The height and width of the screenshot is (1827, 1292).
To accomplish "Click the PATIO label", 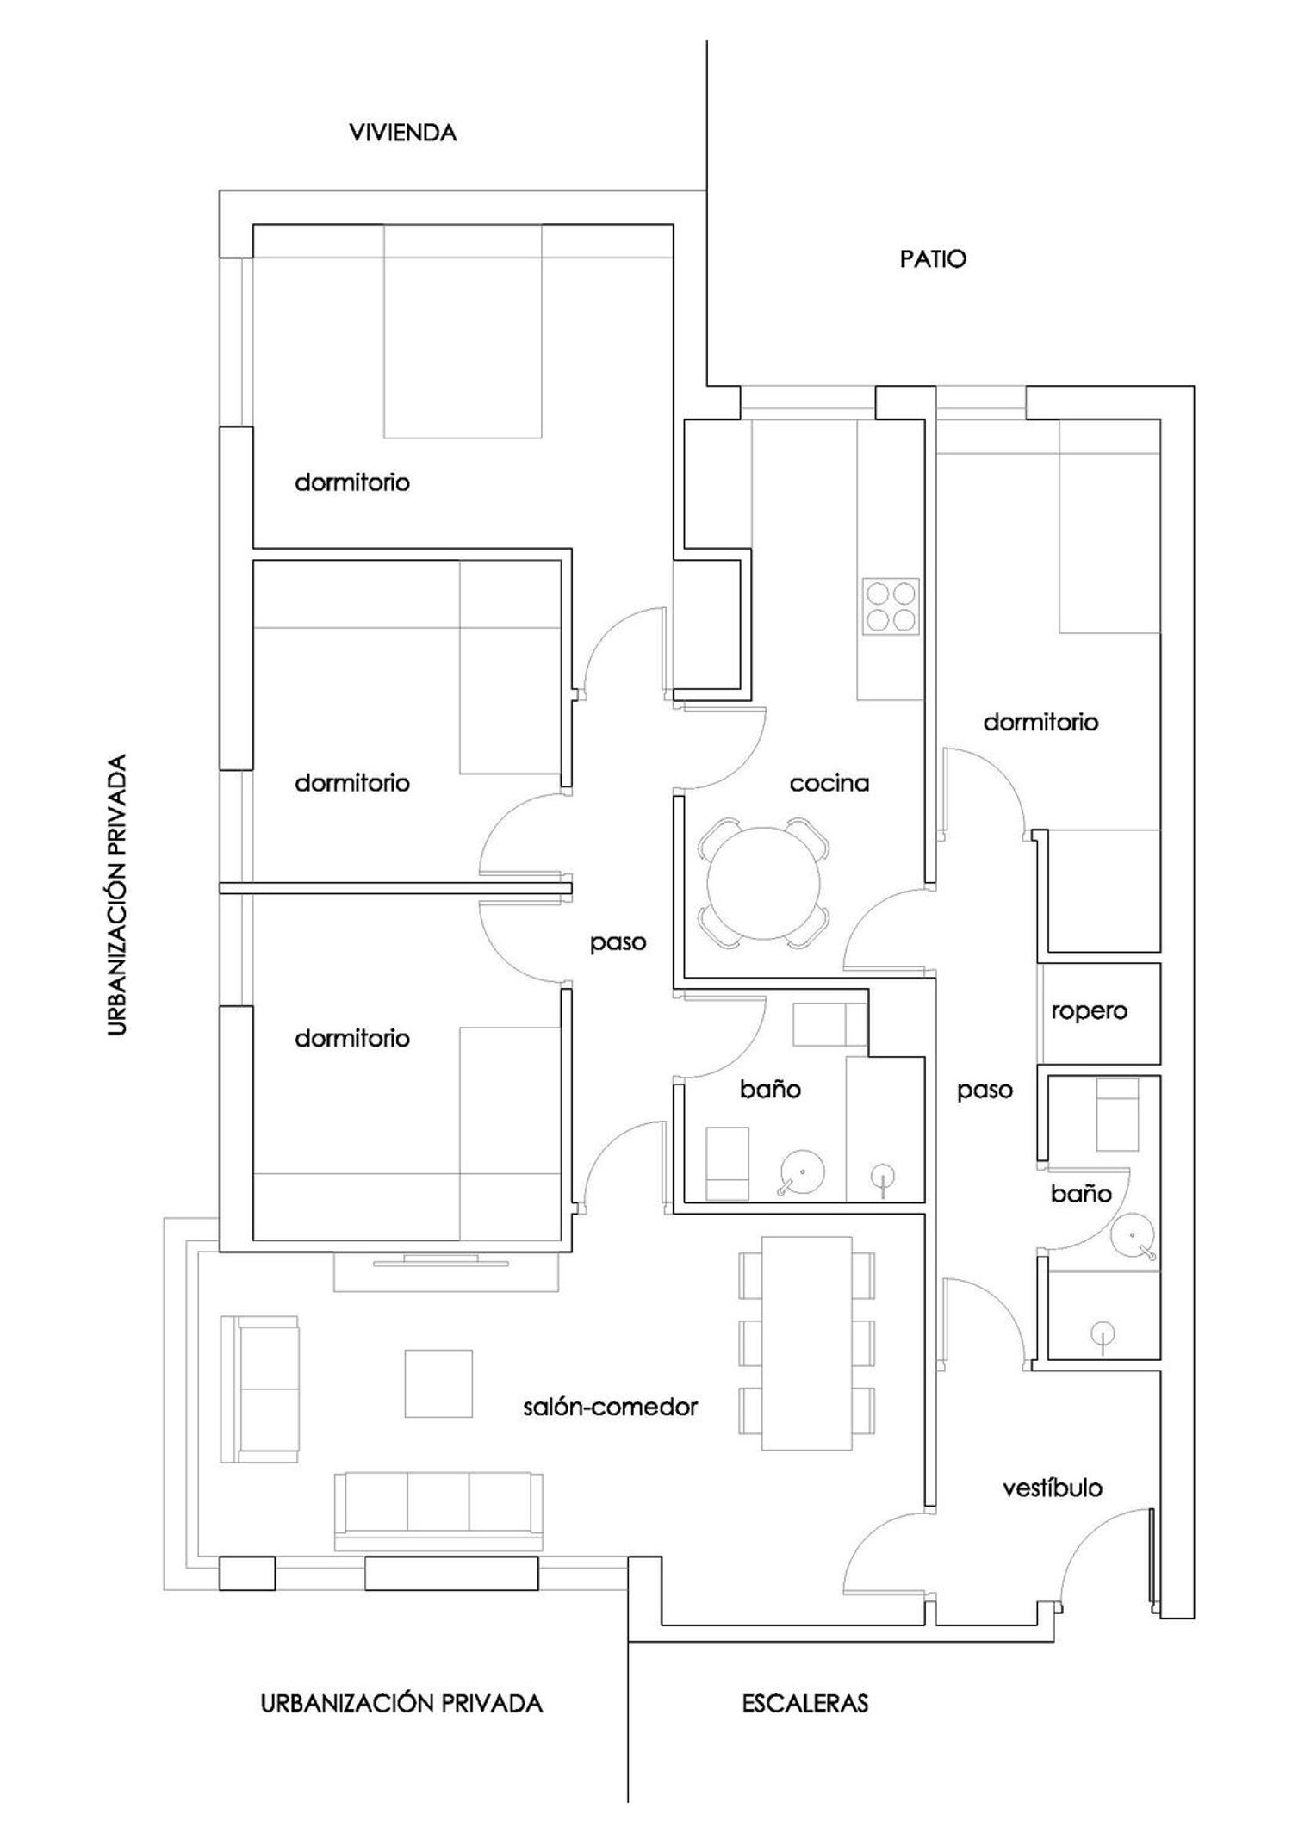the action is click(933, 259).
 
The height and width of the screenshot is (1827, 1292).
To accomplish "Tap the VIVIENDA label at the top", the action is click(402, 133).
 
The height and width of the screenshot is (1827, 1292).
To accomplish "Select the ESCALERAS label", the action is click(805, 1703).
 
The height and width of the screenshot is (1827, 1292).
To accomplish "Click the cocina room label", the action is click(829, 783).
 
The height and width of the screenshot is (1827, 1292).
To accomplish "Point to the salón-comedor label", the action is click(611, 1407).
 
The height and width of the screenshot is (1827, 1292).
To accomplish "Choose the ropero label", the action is click(1089, 1011).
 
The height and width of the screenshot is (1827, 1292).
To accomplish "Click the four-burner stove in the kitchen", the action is click(891, 607).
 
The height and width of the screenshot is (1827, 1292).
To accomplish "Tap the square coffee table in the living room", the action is click(438, 1383).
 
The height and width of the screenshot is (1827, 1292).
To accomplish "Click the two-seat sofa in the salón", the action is click(259, 1389).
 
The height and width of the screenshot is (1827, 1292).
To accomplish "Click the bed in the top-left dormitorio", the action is click(463, 332).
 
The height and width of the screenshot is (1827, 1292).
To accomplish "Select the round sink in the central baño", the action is click(803, 1172).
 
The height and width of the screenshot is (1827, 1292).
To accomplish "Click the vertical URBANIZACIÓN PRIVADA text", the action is click(118, 896).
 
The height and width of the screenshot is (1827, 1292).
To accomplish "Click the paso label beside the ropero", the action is click(985, 1091).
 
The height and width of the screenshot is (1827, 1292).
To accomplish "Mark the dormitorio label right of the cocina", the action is click(1040, 722).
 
